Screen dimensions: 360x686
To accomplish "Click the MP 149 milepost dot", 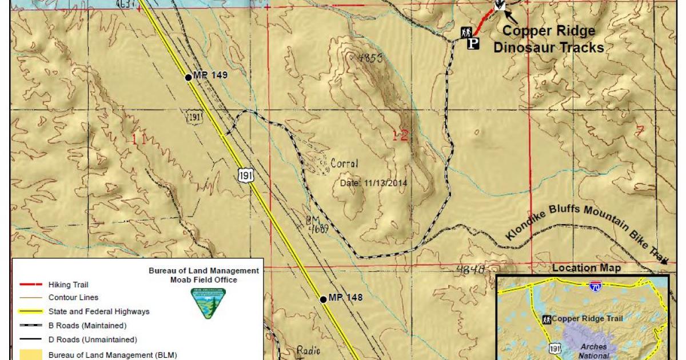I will (x=188, y=77).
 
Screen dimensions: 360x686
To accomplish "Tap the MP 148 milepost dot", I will (x=323, y=299).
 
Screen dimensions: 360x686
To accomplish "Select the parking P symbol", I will (x=473, y=43).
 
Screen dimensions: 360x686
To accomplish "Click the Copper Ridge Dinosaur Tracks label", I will (x=548, y=39).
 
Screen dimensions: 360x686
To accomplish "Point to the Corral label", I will (x=344, y=164).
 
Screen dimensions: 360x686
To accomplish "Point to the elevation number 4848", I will (x=471, y=270).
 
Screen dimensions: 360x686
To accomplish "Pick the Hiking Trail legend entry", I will (x=69, y=284).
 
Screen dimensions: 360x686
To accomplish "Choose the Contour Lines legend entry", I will (x=73, y=298).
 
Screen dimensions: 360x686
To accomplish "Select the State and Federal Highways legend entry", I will (x=99, y=311).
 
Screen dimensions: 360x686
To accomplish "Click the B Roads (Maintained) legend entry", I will (x=87, y=326).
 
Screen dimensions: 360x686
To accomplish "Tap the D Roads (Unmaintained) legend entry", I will (x=91, y=340).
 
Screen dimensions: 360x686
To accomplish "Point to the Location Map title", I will (x=586, y=268).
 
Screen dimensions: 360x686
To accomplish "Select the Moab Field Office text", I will (x=204, y=279).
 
